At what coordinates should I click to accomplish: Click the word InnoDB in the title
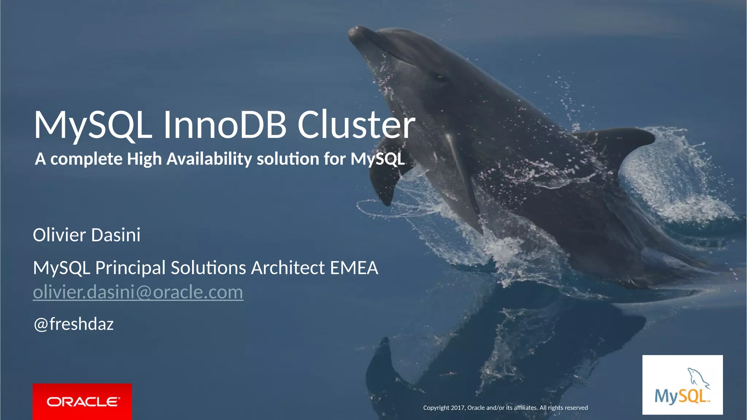tap(225, 125)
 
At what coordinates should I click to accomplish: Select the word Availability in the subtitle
tap(209, 159)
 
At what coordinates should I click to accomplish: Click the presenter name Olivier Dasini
tap(87, 235)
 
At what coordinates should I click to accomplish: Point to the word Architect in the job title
tap(288, 268)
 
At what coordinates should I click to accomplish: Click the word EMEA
tap(354, 268)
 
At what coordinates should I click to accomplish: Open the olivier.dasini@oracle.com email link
tap(138, 292)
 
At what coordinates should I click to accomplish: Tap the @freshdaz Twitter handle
tap(74, 324)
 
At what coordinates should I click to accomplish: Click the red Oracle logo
tap(82, 401)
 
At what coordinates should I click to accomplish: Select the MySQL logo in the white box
tap(682, 385)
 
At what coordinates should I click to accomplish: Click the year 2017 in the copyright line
tap(458, 408)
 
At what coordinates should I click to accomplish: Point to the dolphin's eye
tap(440, 77)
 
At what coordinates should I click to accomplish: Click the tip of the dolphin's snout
tap(353, 32)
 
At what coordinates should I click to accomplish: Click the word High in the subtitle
tap(144, 159)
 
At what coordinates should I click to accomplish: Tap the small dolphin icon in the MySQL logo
tap(698, 378)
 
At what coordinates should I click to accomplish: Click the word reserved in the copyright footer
tap(576, 408)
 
